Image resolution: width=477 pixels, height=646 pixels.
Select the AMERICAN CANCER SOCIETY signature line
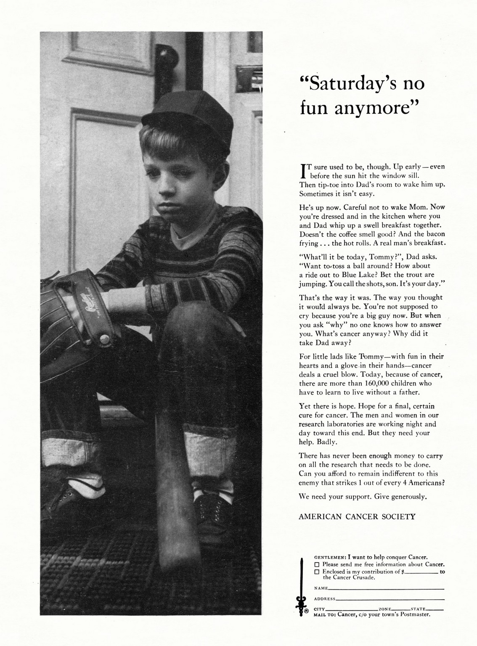tap(357, 516)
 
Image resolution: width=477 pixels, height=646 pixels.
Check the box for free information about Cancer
tap(318, 564)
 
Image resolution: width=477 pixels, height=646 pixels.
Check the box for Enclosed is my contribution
tap(318, 572)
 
